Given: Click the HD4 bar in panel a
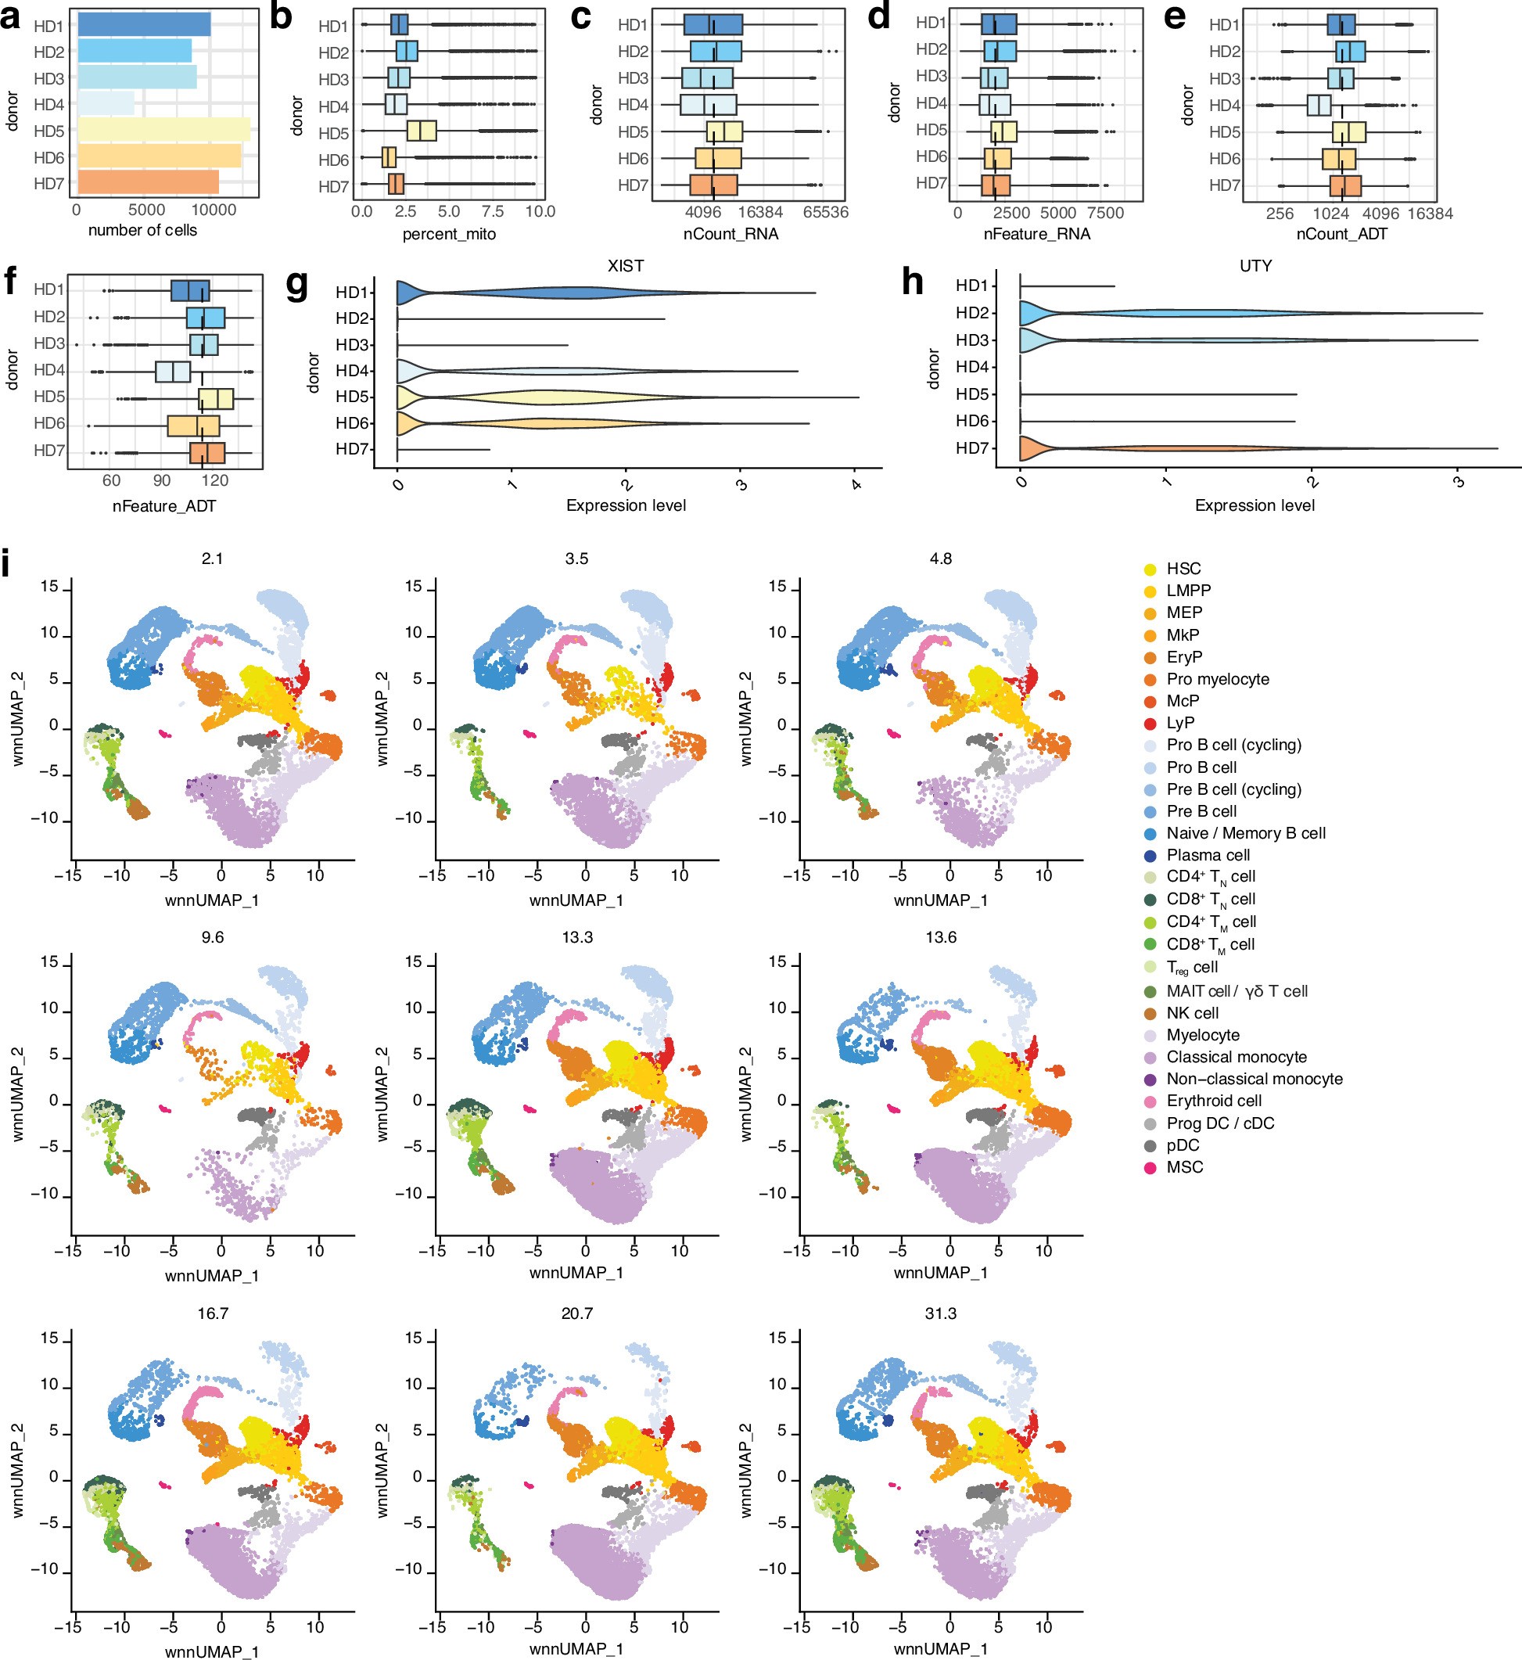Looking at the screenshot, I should point(106,104).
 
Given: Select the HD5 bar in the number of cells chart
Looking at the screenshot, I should point(163,130).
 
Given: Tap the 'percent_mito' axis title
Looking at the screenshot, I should point(449,234).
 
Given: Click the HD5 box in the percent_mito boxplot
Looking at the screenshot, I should point(421,131).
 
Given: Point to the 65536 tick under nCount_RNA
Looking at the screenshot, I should point(824,213).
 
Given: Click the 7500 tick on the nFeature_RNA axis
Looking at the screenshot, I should point(1104,214).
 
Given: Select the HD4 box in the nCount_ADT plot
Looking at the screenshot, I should point(1319,106).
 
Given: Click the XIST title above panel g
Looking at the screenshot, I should point(625,266).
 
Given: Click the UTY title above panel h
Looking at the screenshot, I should point(1255,266).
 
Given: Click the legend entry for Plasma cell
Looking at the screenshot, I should point(1208,855).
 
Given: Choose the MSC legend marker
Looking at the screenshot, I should point(1150,1167).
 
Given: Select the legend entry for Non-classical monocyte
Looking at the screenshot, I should point(1254,1079).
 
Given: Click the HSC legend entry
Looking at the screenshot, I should point(1183,569).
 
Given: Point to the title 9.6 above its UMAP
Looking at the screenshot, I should point(213,937).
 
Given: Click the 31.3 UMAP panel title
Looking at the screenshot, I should point(941,1313).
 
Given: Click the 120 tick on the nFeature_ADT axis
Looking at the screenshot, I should point(214,481).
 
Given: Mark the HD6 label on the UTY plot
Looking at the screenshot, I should point(972,421).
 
